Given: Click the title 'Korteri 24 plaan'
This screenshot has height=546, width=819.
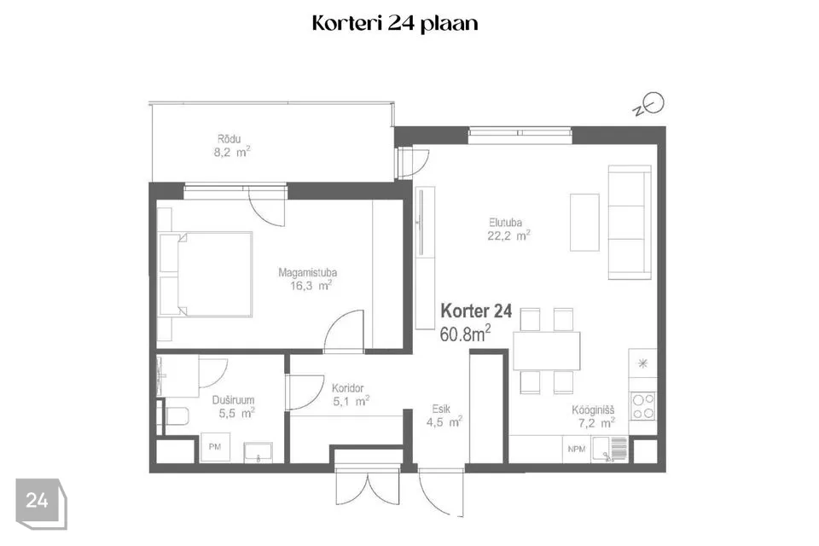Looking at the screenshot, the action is point(395,24).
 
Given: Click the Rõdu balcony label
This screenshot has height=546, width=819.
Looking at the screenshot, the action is point(229,139).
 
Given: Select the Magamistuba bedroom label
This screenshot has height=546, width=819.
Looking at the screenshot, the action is point(307,272).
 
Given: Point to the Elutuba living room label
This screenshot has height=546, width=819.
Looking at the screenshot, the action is point(506,222).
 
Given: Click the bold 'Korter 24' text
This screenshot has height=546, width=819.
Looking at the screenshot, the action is point(476,311).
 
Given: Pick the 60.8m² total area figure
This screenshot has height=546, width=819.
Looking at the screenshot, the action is point(465,334).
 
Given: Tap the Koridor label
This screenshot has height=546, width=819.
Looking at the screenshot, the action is point(348,388).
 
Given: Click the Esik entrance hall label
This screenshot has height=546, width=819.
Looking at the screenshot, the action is point(441,409).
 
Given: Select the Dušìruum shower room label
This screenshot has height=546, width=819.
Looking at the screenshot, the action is point(233,400).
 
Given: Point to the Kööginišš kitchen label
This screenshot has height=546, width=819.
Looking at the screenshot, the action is point(593,410).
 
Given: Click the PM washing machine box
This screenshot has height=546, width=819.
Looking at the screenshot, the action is point(215,447).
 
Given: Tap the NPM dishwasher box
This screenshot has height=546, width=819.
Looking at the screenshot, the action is point(577,450).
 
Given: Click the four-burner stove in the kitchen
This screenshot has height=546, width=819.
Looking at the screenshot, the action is point(643,406).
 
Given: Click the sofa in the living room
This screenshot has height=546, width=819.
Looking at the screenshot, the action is point(630,222).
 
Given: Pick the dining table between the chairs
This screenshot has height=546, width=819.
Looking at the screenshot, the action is point(546,351).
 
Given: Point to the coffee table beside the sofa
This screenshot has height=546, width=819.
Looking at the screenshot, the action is point(584,222).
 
